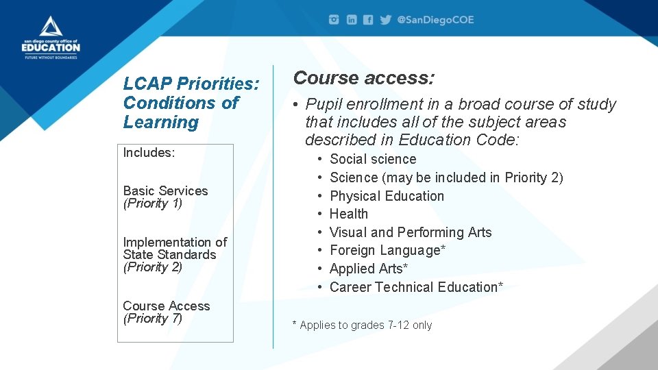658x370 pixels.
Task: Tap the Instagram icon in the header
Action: pyautogui.click(x=334, y=20)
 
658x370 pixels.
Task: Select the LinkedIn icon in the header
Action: pyautogui.click(x=351, y=20)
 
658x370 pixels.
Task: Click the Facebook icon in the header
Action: pyautogui.click(x=368, y=20)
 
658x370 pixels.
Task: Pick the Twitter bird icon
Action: pyautogui.click(x=385, y=20)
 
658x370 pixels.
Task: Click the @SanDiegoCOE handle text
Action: pyautogui.click(x=435, y=20)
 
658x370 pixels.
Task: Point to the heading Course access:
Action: pyautogui.click(x=363, y=78)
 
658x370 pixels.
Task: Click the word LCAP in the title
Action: pyautogui.click(x=147, y=84)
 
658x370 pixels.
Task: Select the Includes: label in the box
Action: pyautogui.click(x=149, y=153)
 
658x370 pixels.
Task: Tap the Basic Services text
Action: pyautogui.click(x=165, y=190)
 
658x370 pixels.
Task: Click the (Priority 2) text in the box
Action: pyautogui.click(x=152, y=267)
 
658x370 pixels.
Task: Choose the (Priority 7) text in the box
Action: pyautogui.click(x=152, y=319)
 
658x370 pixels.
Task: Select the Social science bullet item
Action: pyautogui.click(x=372, y=159)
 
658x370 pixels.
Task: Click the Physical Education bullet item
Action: pyautogui.click(x=387, y=196)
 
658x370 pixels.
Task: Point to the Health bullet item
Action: pyautogui.click(x=348, y=214)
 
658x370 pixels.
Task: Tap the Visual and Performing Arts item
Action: pyautogui.click(x=410, y=232)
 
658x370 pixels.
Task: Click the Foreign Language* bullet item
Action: pyautogui.click(x=387, y=250)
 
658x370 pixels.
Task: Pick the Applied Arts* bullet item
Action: pyautogui.click(x=368, y=269)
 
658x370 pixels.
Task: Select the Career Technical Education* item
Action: pyautogui.click(x=416, y=287)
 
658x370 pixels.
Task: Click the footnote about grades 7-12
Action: pyautogui.click(x=362, y=325)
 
